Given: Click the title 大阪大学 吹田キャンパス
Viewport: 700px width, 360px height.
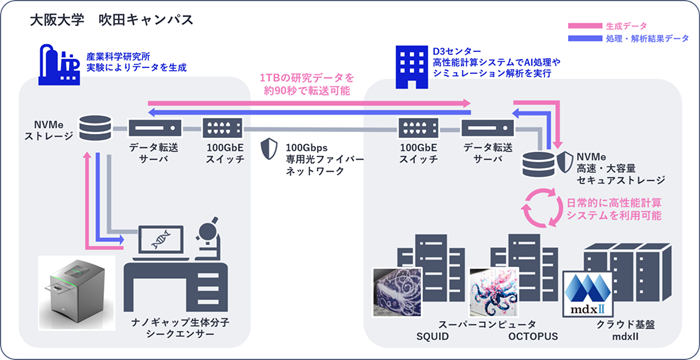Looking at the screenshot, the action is [x=112, y=20].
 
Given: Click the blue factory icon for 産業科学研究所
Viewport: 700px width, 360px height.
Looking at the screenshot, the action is [x=59, y=64].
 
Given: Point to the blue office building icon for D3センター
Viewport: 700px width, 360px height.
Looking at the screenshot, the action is [x=413, y=67].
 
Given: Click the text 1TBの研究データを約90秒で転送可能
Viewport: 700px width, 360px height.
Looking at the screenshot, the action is [x=307, y=85].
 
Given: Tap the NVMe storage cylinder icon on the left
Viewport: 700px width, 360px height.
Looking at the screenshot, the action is [x=94, y=128].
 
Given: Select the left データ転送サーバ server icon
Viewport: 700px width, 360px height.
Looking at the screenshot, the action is [x=155, y=128].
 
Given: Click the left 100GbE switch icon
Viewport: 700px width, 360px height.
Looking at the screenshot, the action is [x=223, y=128].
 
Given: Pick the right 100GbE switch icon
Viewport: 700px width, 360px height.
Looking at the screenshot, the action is [x=418, y=128].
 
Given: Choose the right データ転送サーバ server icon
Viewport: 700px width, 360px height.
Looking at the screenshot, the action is [x=488, y=128].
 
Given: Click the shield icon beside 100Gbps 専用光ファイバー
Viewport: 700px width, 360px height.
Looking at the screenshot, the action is [x=269, y=149].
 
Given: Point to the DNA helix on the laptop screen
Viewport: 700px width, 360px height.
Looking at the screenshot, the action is [x=160, y=240].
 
